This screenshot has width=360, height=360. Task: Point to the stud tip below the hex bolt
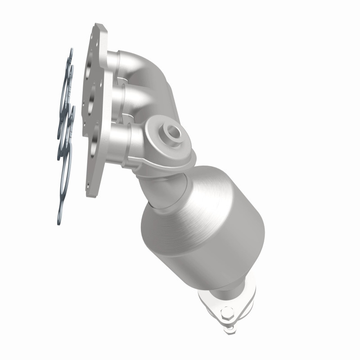231,329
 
